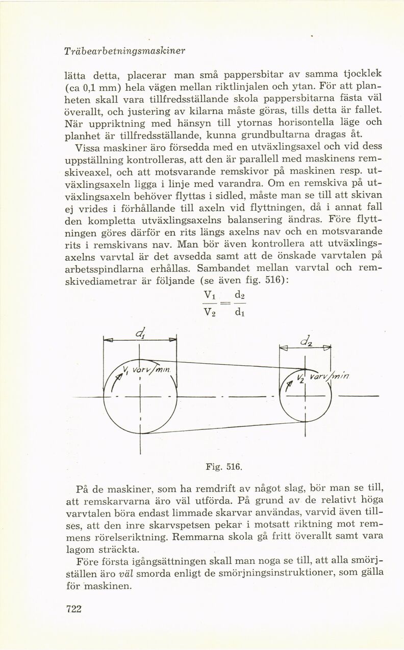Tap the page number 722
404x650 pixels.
74,609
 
